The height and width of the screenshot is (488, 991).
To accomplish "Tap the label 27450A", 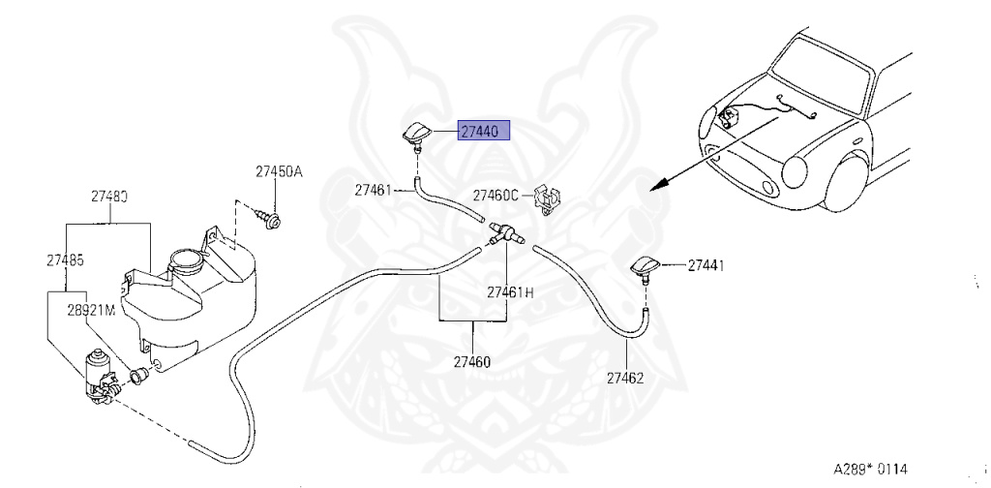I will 279,171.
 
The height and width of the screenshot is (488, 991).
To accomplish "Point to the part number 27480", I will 109,196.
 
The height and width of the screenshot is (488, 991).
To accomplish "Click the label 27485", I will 65,259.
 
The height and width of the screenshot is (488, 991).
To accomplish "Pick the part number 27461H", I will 510,291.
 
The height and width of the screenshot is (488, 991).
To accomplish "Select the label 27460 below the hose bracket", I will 472,363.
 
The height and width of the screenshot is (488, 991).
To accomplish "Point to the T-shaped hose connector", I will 504,234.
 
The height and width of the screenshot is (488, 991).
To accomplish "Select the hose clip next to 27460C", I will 549,199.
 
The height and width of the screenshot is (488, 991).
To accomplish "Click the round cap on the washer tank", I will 183,260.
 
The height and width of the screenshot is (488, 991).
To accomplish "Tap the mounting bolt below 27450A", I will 272,222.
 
